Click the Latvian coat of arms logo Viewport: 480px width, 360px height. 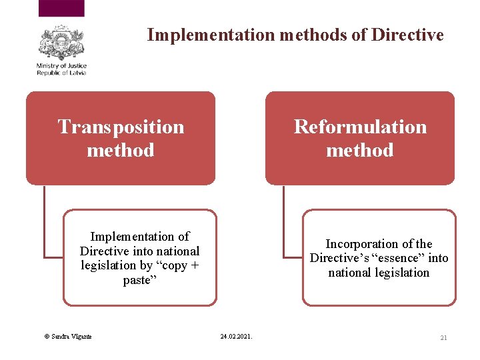pyautogui.click(x=61, y=43)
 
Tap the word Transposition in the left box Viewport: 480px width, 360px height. pyautogui.click(x=121, y=127)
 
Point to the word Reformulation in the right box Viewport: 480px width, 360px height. pyautogui.click(x=360, y=127)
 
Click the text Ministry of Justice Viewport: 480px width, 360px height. pyautogui.click(x=62, y=66)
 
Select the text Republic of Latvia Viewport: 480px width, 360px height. pyautogui.click(x=62, y=73)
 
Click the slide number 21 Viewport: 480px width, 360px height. pyautogui.click(x=443, y=338)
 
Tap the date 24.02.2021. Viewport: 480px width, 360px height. pyautogui.click(x=236, y=337)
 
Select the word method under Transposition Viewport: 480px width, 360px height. pyautogui.click(x=121, y=150)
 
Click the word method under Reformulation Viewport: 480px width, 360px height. pyautogui.click(x=360, y=150)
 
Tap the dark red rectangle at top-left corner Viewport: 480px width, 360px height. pyautogui.click(x=61, y=8)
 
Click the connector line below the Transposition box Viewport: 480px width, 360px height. pyautogui.click(x=44, y=220)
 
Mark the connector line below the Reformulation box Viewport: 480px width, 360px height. pyautogui.click(x=283, y=220)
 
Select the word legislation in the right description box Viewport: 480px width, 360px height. pyautogui.click(x=399, y=273)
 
